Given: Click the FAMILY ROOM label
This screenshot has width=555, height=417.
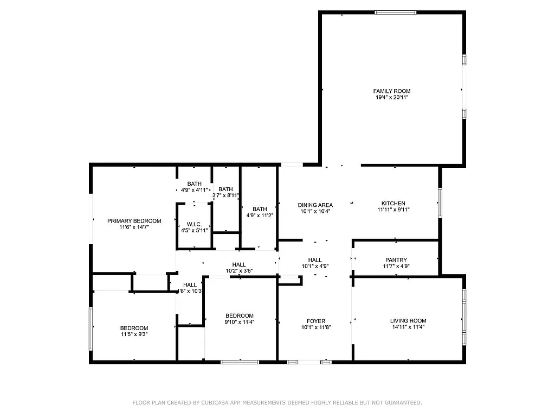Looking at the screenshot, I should pyautogui.click(x=391, y=91).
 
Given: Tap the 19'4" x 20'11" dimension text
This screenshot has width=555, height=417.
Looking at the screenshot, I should pyautogui.click(x=391, y=98).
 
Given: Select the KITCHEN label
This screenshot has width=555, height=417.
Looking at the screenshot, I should pyautogui.click(x=393, y=203).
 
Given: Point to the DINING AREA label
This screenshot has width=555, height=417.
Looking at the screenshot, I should pyautogui.click(x=315, y=205).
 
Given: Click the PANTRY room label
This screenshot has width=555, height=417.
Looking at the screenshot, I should pyautogui.click(x=396, y=260).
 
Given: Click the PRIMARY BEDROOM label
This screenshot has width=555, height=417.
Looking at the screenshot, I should pyautogui.click(x=134, y=220).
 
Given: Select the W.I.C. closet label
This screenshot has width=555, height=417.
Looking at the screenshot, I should pyautogui.click(x=194, y=224).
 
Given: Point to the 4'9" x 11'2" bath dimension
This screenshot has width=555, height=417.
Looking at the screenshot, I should pyautogui.click(x=260, y=216).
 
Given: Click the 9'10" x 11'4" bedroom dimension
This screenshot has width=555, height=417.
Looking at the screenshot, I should pyautogui.click(x=240, y=322).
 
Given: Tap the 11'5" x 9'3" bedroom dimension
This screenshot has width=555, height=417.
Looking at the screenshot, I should pyautogui.click(x=134, y=334).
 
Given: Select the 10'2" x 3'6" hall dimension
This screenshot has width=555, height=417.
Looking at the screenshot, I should pyautogui.click(x=239, y=271).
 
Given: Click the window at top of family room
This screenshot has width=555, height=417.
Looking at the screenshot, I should pyautogui.click(x=396, y=12).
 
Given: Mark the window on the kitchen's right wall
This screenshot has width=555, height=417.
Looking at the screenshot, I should pyautogui.click(x=440, y=203).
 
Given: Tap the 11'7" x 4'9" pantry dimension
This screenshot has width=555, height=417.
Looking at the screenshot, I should pyautogui.click(x=396, y=267).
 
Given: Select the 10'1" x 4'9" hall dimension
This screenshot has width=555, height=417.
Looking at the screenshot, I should pyautogui.click(x=315, y=267).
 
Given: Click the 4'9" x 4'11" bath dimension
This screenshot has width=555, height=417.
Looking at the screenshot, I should pyautogui.click(x=194, y=190).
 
